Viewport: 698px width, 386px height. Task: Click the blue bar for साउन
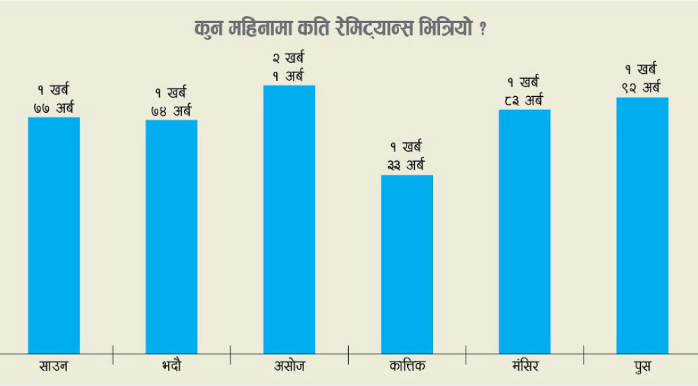coord(54,236)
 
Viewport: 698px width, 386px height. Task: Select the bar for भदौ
coord(172,237)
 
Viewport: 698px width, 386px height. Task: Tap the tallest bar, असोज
coord(289,219)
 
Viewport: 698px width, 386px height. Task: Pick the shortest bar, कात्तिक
coord(407,264)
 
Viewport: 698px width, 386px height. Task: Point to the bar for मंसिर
coord(524,231)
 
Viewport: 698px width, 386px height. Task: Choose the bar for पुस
coord(642,226)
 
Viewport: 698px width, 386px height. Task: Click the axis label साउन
coord(54,366)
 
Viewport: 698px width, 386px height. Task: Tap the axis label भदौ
coord(171,366)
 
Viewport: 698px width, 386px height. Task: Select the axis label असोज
coord(289,366)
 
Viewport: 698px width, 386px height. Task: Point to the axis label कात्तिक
coord(407,366)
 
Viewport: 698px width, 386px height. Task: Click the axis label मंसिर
coord(524,366)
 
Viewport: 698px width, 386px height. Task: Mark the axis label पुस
coord(642,366)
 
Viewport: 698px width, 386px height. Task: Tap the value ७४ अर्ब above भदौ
coord(172,110)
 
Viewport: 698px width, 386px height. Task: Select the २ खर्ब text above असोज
coord(289,59)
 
